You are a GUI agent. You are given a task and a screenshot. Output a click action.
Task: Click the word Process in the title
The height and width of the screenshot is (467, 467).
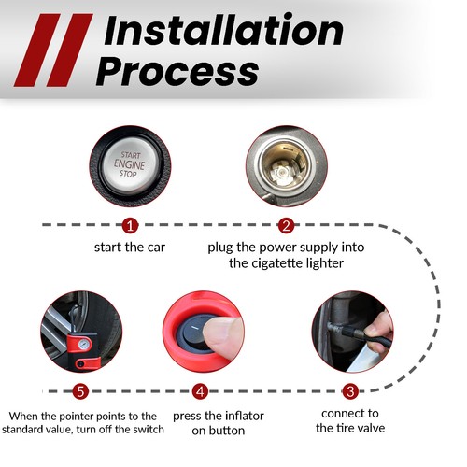pos(177,71)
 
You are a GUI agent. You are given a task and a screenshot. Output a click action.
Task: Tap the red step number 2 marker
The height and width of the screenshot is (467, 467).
pos(286,225)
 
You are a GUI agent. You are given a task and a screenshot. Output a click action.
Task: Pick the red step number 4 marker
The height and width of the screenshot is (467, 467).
pos(199,391)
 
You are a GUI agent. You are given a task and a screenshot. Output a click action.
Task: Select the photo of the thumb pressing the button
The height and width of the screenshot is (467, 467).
pos(199,333)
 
